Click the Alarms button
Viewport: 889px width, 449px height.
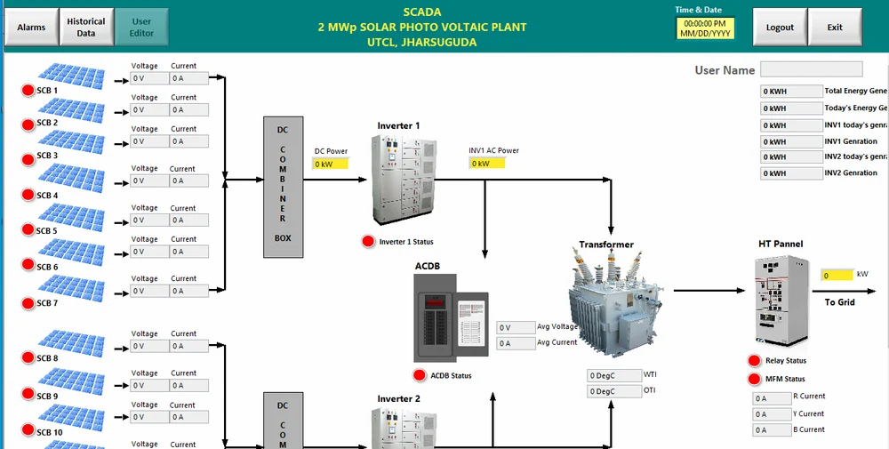point(31,28)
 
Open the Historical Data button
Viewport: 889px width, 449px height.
point(85,28)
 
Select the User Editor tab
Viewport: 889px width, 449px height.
point(141,28)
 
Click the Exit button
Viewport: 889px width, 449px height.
point(835,28)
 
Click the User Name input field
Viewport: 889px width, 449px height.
point(811,69)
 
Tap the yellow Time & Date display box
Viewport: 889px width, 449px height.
point(705,28)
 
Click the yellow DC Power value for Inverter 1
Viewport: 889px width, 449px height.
point(330,164)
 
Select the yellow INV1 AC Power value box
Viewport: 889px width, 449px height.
point(486,164)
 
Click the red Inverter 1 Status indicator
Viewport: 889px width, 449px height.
point(368,242)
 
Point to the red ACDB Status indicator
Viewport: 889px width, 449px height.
point(420,375)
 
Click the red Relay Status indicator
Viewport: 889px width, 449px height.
point(755,360)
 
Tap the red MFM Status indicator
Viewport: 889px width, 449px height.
point(755,380)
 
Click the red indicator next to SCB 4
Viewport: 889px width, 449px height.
point(28,196)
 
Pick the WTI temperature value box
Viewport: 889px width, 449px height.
point(613,376)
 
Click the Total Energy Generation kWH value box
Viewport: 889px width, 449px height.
point(790,92)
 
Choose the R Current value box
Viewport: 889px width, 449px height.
point(771,398)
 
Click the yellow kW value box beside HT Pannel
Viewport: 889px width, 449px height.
point(836,276)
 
